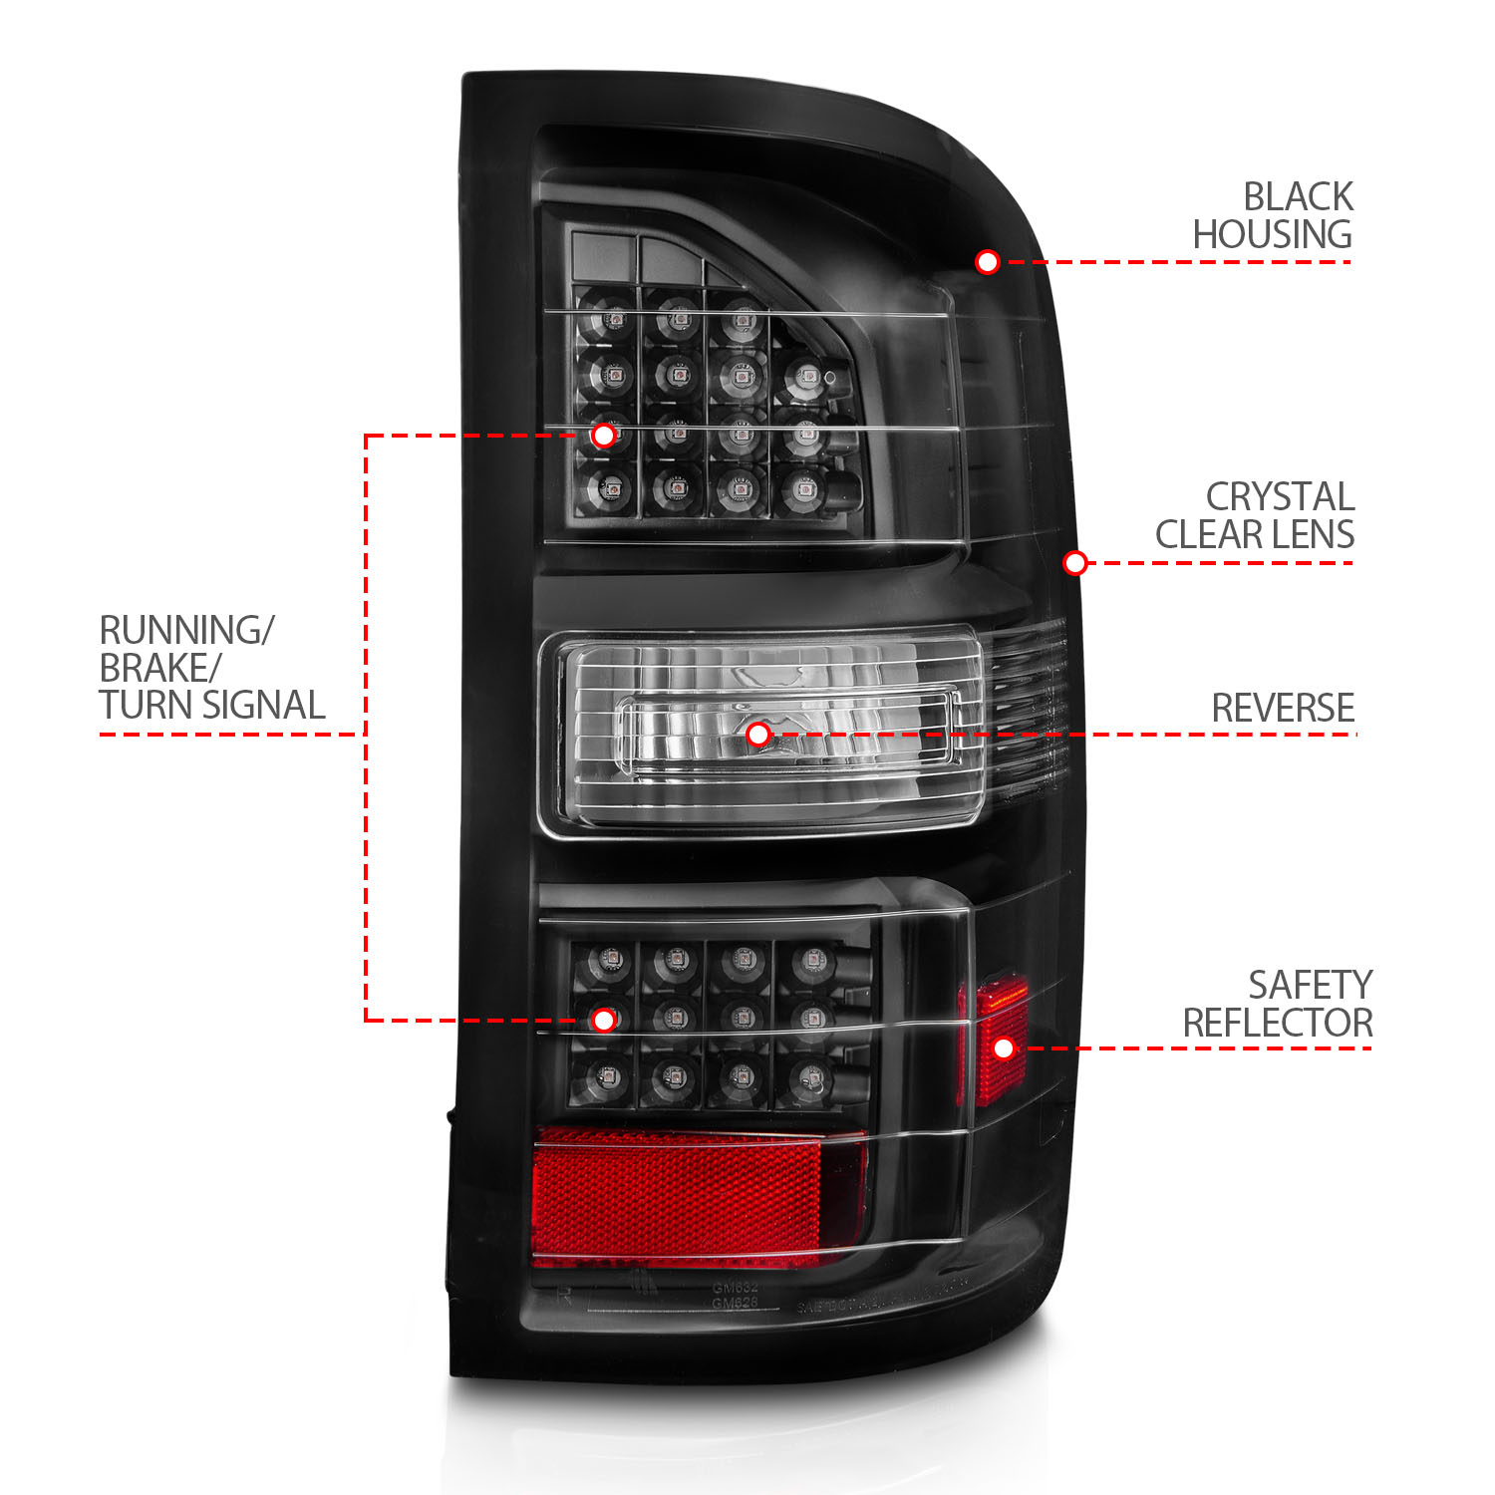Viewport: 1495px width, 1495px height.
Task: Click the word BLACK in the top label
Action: [1298, 196]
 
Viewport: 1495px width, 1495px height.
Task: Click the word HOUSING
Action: [1272, 235]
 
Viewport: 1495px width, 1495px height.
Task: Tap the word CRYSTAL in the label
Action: [1280, 496]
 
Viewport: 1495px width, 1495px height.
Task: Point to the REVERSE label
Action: [1283, 708]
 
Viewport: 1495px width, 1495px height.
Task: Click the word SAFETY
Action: [1310, 985]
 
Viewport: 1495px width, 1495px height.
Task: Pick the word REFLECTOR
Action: [1278, 1023]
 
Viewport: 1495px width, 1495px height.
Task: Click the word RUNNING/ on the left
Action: [186, 630]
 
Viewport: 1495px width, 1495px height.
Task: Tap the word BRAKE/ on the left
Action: [159, 668]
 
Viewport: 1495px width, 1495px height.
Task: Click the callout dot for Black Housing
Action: [987, 262]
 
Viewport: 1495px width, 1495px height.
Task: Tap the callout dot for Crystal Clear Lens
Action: [1074, 563]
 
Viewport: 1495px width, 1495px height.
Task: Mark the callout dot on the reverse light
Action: [758, 735]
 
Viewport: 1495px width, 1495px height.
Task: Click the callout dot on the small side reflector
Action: [1004, 1047]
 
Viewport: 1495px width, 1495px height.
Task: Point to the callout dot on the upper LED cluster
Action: [603, 436]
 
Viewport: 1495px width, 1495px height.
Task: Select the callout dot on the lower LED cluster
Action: [603, 1020]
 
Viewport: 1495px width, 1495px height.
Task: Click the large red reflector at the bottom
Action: [688, 1196]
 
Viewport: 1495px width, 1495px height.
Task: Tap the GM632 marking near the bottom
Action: [735, 1288]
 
